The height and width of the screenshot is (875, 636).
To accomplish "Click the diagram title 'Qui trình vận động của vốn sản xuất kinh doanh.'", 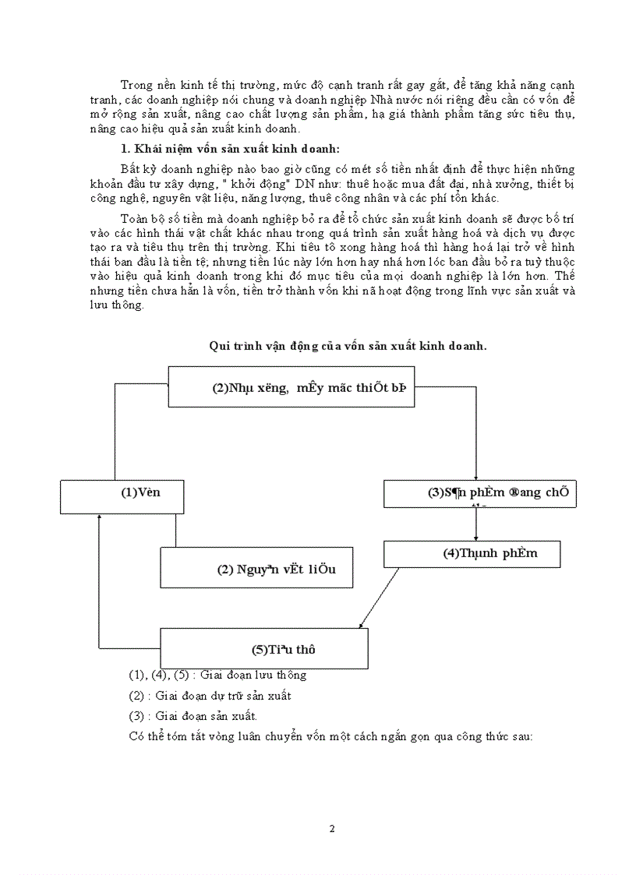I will pos(348,347).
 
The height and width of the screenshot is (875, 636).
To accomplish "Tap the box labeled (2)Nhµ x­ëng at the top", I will pos(291,387).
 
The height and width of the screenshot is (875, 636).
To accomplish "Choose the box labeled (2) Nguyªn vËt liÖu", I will pos(257,566).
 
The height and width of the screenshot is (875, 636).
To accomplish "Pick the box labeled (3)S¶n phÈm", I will pos(479,493).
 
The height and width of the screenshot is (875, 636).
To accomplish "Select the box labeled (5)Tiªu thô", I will pos(263,647).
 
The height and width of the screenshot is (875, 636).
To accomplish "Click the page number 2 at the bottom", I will pos(332,828).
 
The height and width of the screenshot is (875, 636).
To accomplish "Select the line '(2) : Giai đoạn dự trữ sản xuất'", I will pos(210,695).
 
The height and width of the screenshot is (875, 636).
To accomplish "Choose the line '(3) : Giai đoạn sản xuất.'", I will pos(193,715).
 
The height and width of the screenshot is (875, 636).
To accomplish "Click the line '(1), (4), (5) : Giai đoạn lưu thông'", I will pos(217,675).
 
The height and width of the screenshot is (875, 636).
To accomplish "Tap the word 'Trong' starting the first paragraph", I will pos(136,84).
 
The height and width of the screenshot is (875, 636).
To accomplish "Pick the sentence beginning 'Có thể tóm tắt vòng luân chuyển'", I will pos(330,736).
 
